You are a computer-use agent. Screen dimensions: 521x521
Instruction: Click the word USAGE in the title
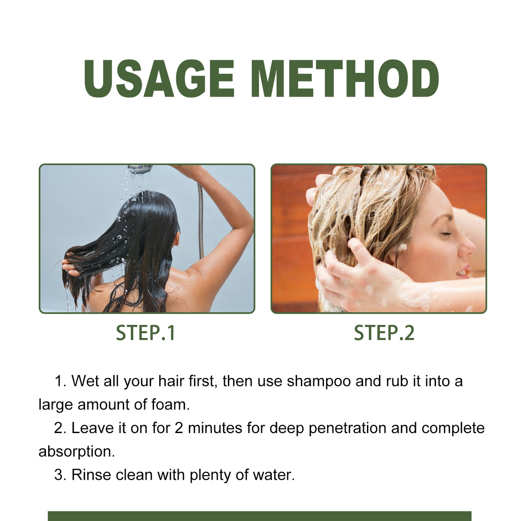(159, 79)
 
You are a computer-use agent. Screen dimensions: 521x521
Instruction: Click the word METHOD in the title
(345, 79)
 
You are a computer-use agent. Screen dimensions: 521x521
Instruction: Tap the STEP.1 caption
(146, 333)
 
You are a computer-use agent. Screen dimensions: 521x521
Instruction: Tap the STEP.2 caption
(384, 333)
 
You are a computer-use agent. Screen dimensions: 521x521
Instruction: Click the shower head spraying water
(139, 169)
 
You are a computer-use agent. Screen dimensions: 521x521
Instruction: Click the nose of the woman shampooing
(469, 247)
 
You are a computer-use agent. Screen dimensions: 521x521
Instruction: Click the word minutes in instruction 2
(215, 428)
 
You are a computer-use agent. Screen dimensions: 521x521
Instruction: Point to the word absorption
(76, 451)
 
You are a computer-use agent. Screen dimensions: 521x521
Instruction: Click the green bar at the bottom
(259, 516)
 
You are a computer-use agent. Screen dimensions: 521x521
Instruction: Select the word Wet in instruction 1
(85, 381)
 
